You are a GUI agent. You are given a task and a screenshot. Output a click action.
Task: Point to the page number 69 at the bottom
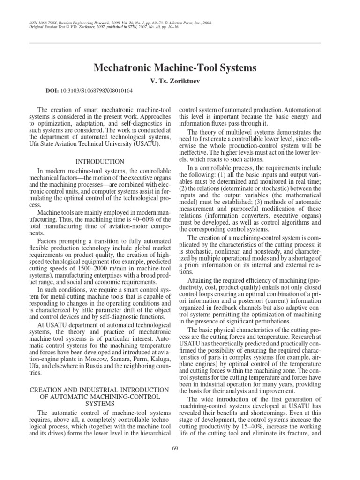(x=176, y=462)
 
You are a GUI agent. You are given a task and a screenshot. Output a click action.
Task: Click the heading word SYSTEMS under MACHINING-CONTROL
(x=100, y=403)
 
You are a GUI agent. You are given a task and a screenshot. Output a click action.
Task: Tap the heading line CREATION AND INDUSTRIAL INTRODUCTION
(x=99, y=390)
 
